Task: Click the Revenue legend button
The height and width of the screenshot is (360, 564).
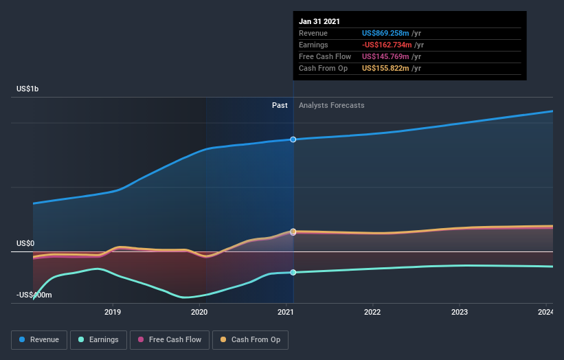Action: [x=39, y=339]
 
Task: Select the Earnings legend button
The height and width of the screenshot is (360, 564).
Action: [x=98, y=339]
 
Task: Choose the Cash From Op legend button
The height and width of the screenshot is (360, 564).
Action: [x=251, y=339]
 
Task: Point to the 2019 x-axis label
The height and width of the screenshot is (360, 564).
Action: [x=113, y=313]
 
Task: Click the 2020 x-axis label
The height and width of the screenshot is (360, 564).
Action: [x=199, y=313]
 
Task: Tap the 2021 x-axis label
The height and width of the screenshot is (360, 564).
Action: [x=286, y=313]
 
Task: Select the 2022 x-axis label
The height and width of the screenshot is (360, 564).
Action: [x=372, y=313]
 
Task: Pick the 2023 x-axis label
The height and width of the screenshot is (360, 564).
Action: [x=459, y=313]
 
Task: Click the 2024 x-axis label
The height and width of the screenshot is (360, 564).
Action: [x=545, y=313]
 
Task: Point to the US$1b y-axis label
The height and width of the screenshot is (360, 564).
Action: [x=31, y=89]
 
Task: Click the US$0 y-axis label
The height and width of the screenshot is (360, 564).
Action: [x=26, y=244]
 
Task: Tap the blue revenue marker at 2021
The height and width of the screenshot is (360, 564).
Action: [x=293, y=139]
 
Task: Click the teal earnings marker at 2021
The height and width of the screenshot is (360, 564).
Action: [x=293, y=273]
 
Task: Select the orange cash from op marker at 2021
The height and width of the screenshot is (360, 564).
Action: [x=293, y=232]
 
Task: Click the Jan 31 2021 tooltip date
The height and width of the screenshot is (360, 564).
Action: [x=319, y=22]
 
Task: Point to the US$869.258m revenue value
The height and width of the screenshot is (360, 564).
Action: [x=386, y=33]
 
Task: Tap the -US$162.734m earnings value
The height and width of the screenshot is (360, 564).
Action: [x=386, y=45]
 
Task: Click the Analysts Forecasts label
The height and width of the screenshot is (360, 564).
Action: [x=332, y=105]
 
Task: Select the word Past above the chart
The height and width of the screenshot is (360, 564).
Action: [x=280, y=105]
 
